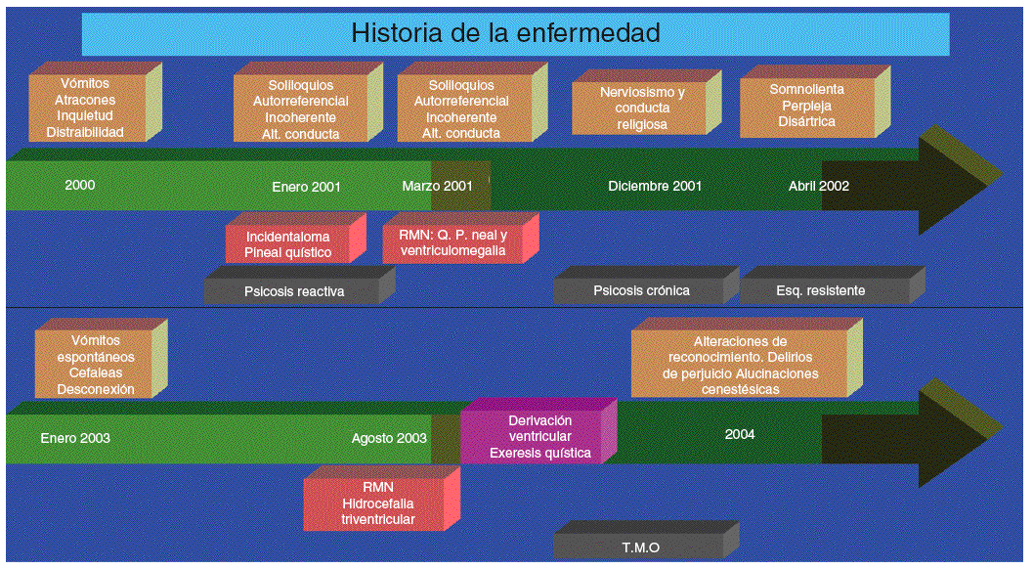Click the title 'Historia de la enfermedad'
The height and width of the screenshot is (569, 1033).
coord(505,33)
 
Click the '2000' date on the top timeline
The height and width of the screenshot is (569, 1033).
coord(80,185)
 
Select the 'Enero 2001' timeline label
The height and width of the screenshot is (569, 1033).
coord(306,186)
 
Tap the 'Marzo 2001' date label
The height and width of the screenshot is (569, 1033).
coord(437,186)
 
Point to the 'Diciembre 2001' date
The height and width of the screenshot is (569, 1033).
coord(655,186)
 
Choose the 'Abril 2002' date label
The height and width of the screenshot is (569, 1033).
coord(819,186)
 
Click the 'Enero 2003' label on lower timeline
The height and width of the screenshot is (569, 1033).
coord(75,438)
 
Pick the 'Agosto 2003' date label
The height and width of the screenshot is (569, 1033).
coord(389,438)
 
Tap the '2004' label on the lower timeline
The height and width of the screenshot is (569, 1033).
coord(740,434)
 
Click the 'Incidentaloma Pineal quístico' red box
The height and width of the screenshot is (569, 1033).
coord(288,244)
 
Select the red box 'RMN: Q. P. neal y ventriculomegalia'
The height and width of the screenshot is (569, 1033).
coord(452,242)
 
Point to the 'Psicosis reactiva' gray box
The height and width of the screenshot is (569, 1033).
coord(293,290)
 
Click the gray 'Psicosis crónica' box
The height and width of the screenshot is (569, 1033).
coord(641,290)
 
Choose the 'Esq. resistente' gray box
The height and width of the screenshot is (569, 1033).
coord(821,290)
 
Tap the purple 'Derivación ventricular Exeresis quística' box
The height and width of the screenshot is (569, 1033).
coord(539,436)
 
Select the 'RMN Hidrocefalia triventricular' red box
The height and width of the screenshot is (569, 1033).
coord(377,503)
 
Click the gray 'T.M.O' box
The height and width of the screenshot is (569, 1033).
coord(640,547)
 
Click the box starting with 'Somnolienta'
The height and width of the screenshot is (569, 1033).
coord(807,106)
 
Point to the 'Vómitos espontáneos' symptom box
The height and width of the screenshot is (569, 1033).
coord(95,365)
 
